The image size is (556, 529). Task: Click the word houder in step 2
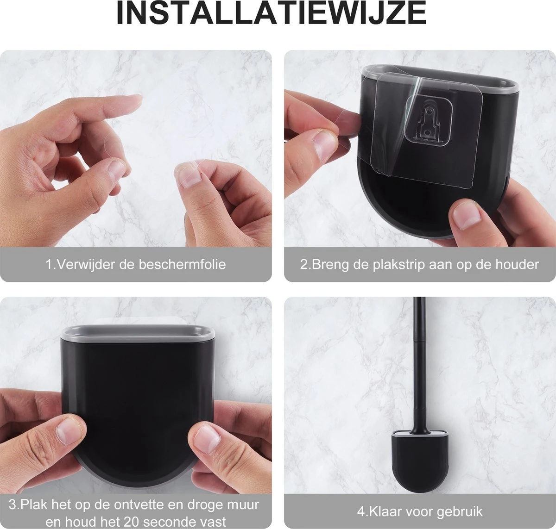(516, 265)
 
